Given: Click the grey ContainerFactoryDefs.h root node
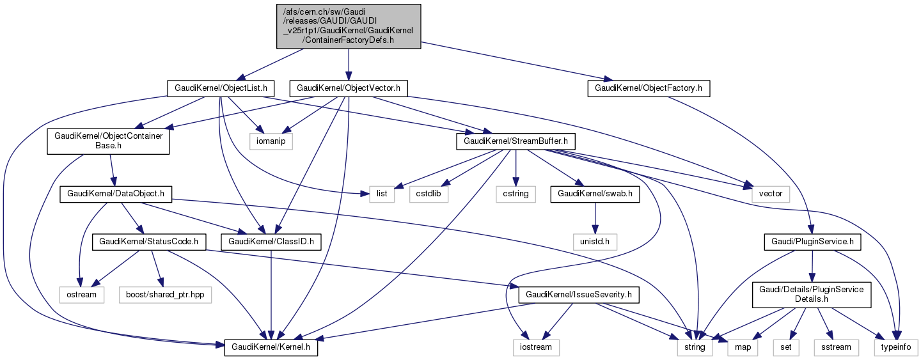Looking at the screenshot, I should [349, 26].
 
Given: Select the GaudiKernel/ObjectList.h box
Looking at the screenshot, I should [221, 88].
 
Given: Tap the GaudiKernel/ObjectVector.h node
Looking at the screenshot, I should [349, 88].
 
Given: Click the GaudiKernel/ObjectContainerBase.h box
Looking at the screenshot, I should [108, 141].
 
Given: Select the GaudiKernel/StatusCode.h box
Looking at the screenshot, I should [148, 242].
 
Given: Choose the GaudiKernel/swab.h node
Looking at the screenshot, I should [595, 194].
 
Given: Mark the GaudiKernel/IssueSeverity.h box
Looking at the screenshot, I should [579, 295].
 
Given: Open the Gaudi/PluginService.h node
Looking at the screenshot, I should [812, 242].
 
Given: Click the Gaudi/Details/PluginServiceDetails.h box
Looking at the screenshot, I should [812, 295].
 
